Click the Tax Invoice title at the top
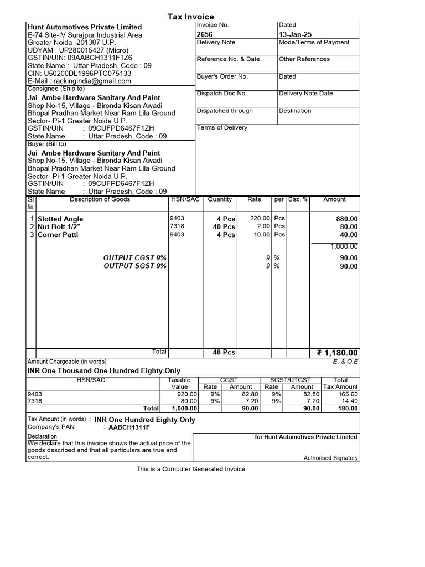tap(190, 17)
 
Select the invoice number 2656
tap(205, 34)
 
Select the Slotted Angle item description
tap(60, 219)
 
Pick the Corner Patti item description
tap(58, 235)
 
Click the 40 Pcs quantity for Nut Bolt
tap(224, 227)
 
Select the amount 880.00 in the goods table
tap(347, 219)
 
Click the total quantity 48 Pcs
tap(224, 353)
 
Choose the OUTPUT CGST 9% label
tap(135, 258)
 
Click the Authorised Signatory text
tap(330, 458)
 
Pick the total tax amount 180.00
tap(348, 409)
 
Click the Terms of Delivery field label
tap(222, 128)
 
